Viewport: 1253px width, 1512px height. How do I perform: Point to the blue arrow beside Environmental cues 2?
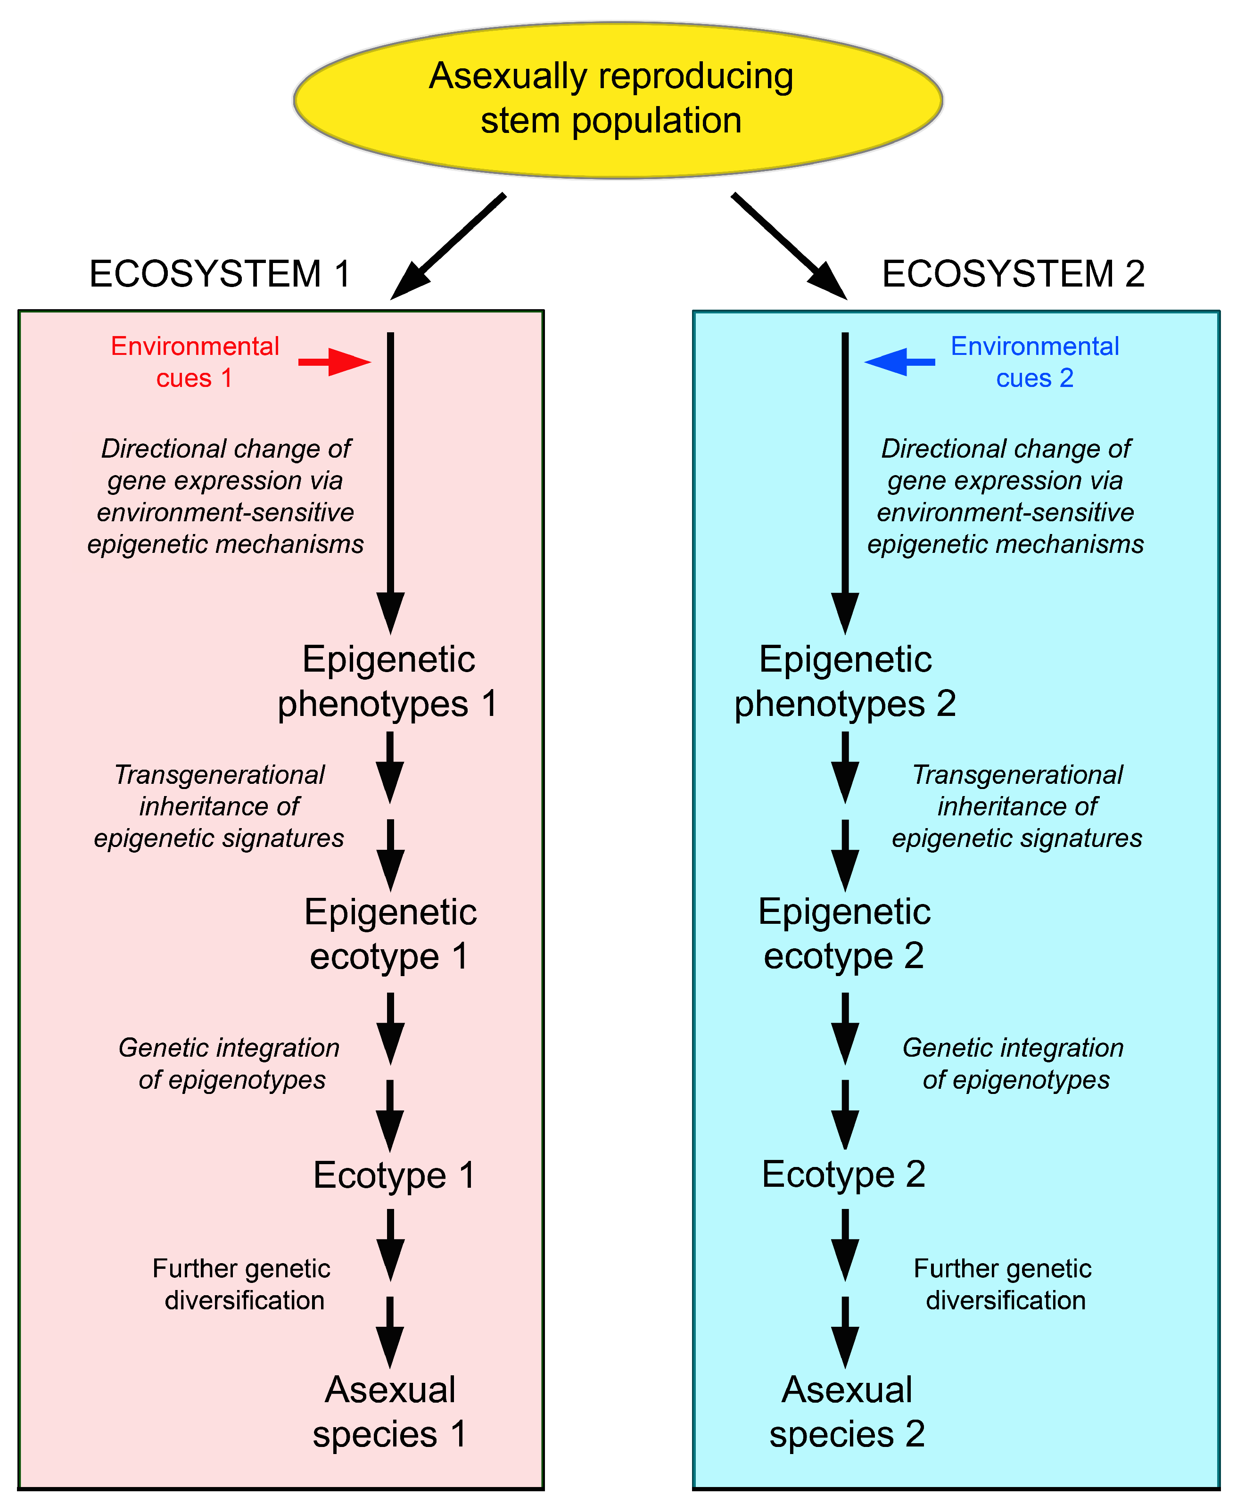click(900, 362)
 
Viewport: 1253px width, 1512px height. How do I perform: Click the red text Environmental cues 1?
click(194, 362)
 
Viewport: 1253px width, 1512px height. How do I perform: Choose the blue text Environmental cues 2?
click(1035, 362)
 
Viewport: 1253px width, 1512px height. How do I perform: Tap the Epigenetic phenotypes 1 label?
click(388, 681)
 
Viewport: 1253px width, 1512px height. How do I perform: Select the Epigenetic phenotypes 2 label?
click(845, 681)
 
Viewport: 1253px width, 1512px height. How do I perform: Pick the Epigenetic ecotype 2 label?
click(844, 934)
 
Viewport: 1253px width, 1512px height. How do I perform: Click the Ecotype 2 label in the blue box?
click(843, 1175)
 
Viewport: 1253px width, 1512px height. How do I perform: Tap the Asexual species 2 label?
click(847, 1412)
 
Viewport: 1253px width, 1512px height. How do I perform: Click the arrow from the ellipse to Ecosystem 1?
click(448, 246)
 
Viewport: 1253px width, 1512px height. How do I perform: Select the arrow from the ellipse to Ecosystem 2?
click(789, 246)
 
